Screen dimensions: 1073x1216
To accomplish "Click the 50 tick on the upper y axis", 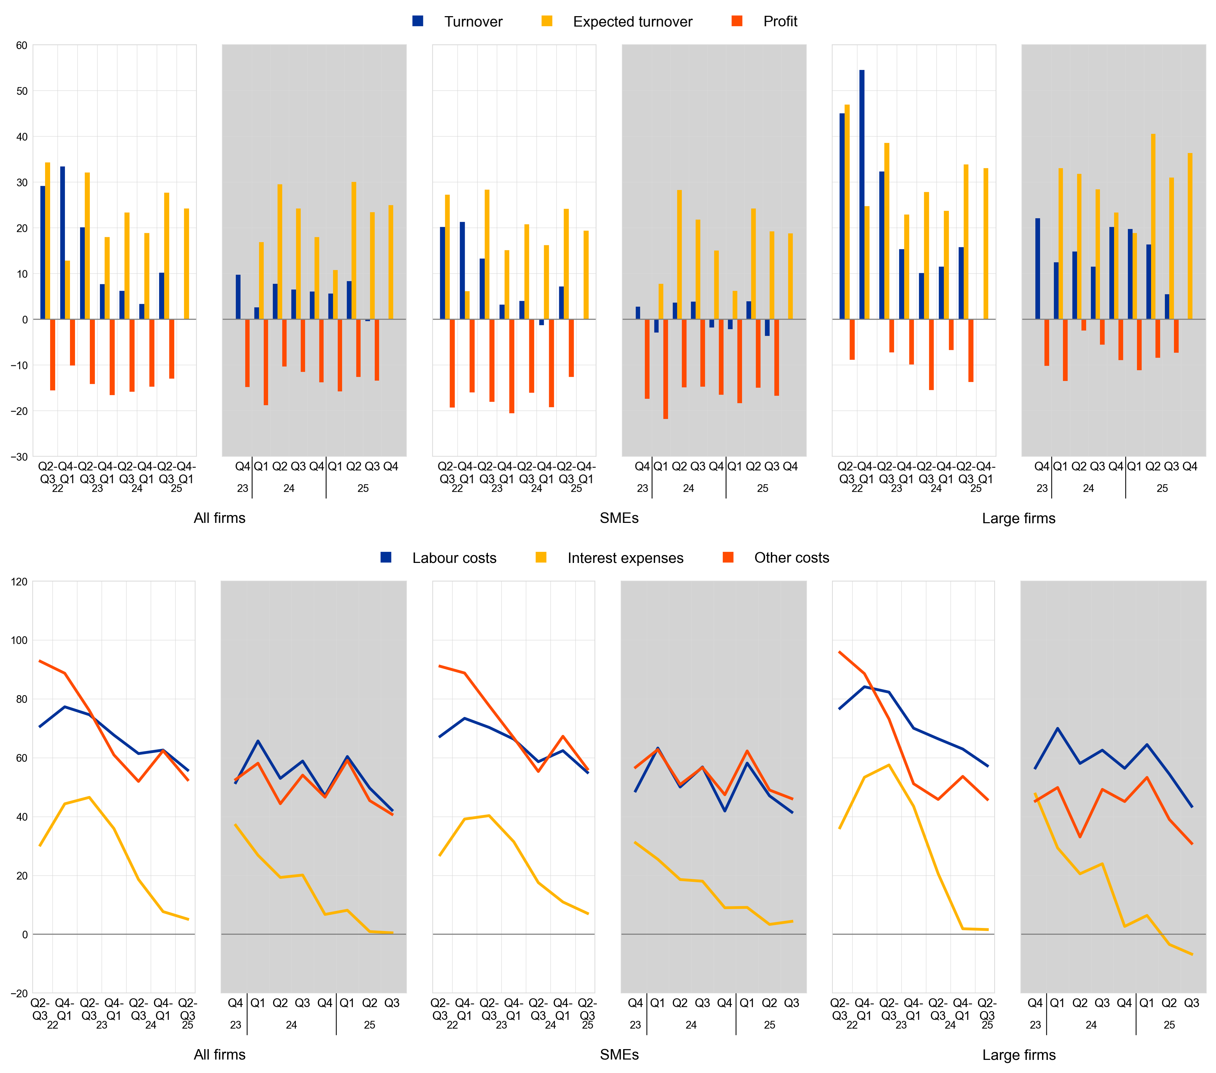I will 22,91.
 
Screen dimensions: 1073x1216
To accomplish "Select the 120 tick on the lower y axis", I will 19,582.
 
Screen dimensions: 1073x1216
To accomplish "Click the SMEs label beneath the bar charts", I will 619,518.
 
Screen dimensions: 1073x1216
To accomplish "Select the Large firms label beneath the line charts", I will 1018,1054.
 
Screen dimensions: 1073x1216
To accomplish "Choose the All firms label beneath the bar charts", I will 219,518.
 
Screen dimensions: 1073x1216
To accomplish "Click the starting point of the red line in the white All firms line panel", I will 40,661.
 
